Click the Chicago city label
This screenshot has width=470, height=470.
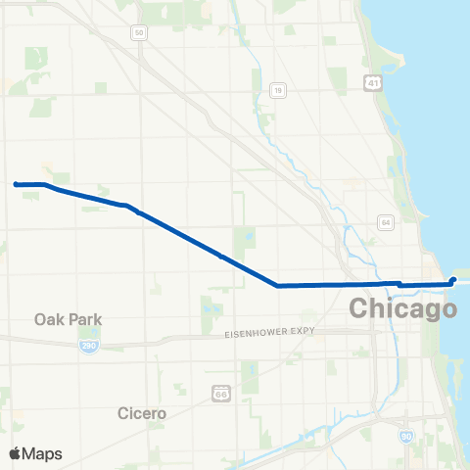click(x=403, y=309)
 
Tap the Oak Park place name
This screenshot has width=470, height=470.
click(x=68, y=319)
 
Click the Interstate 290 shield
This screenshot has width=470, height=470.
click(x=88, y=347)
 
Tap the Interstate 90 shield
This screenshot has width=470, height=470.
click(x=406, y=435)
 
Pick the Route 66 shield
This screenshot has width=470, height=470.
click(x=221, y=393)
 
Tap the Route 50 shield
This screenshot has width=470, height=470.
click(x=139, y=32)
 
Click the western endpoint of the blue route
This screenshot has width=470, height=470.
click(x=16, y=183)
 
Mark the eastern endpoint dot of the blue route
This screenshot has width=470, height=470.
click(x=452, y=281)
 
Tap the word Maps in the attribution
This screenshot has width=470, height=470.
click(x=43, y=453)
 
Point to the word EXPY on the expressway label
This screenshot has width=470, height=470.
click(x=302, y=332)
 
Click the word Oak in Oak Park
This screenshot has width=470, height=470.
click(x=48, y=319)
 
